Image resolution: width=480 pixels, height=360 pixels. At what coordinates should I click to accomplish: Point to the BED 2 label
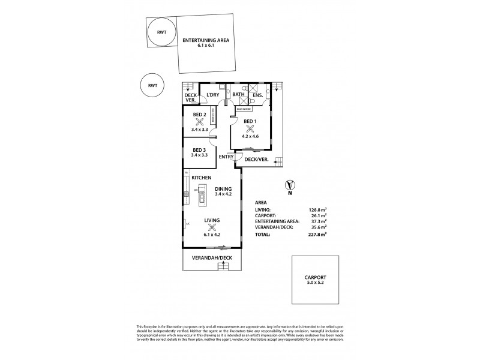click(200, 115)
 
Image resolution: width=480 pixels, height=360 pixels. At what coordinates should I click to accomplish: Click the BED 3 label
click(200, 149)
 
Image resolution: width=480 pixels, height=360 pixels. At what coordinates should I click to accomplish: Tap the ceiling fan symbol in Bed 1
click(251, 128)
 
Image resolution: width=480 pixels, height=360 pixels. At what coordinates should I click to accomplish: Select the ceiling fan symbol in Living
click(212, 228)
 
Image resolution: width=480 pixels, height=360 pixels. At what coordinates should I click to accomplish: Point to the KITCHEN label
click(202, 178)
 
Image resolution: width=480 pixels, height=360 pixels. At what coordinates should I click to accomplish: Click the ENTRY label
click(226, 157)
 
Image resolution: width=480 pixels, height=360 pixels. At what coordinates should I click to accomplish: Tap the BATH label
click(238, 95)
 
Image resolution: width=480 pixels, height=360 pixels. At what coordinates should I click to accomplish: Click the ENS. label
click(258, 95)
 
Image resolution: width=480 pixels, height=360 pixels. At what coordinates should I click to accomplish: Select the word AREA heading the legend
click(262, 202)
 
